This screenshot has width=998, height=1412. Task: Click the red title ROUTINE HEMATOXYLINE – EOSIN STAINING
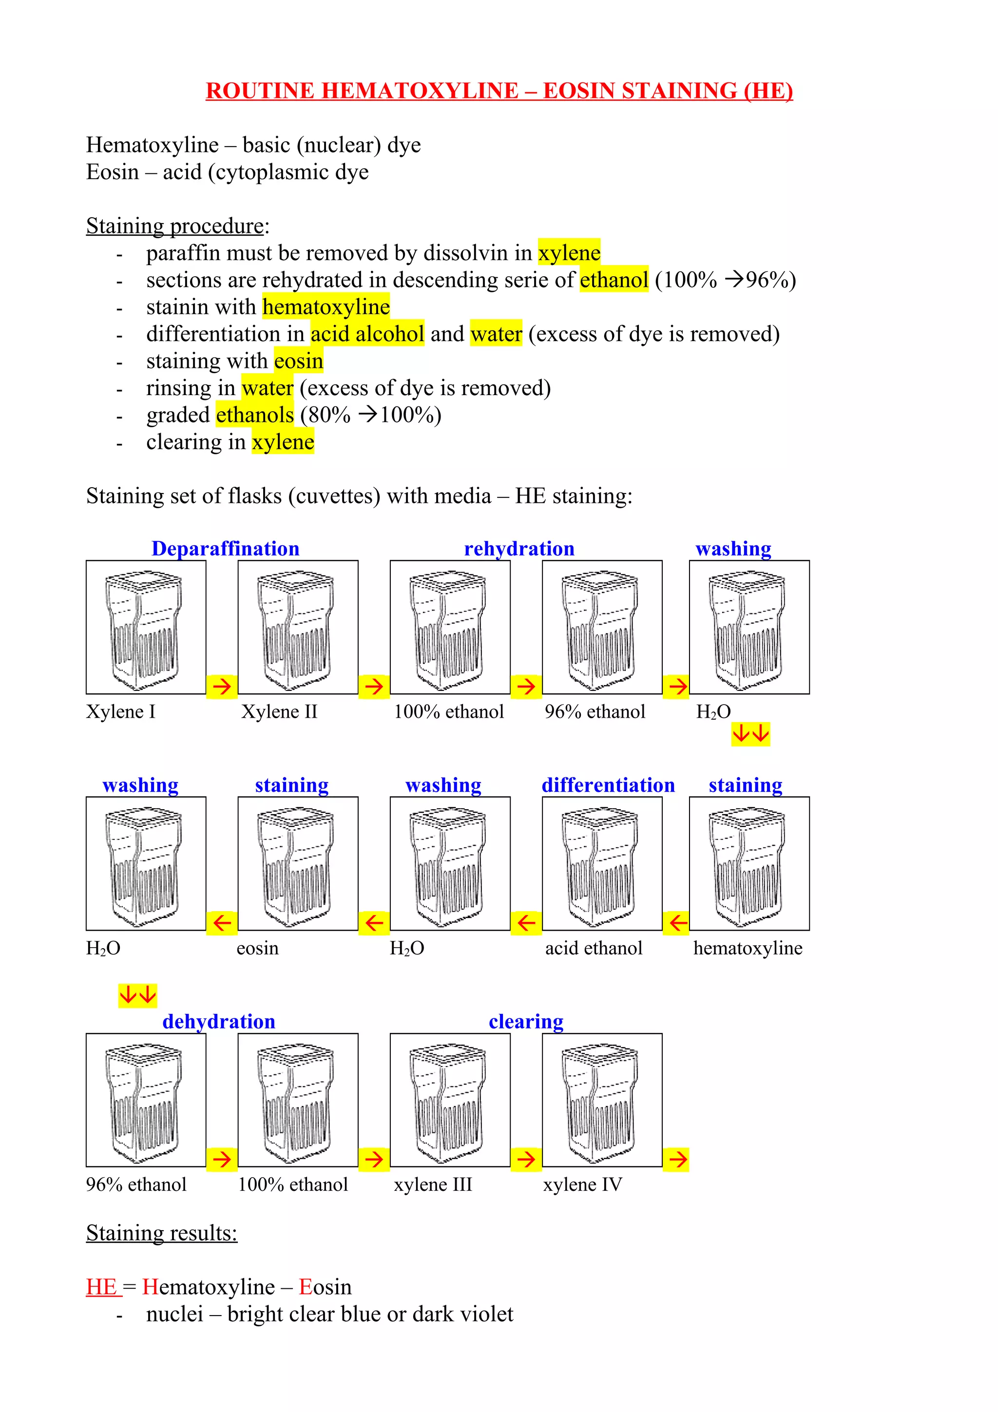point(499,91)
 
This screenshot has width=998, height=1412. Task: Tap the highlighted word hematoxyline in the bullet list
point(326,307)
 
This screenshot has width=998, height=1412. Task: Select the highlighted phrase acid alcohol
point(367,334)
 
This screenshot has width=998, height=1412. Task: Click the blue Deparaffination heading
point(225,548)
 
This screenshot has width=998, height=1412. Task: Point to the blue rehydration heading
point(519,548)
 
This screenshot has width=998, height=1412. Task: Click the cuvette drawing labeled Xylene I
point(146,627)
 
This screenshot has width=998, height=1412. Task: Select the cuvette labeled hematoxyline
point(749,863)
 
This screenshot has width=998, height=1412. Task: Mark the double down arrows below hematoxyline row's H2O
point(137,994)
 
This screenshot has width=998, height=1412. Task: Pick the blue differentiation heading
point(608,785)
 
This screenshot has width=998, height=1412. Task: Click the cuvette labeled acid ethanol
point(602,863)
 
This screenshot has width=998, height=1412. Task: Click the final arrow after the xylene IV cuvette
point(677,1159)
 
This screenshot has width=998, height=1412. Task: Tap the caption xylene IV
point(582,1184)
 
